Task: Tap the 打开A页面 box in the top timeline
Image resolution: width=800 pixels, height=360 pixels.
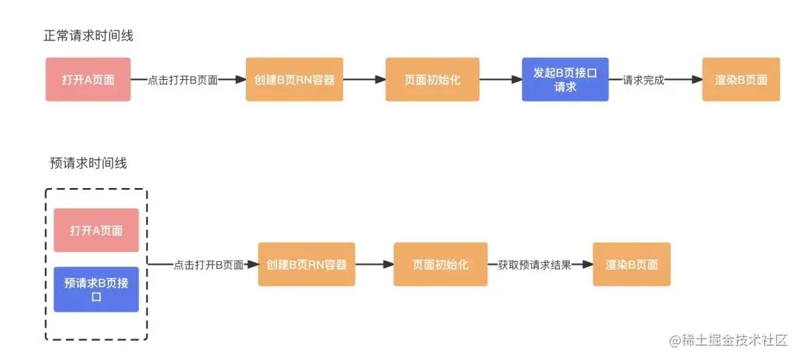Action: tap(88, 79)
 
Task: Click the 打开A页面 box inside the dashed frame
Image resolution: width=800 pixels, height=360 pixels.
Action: tap(96, 230)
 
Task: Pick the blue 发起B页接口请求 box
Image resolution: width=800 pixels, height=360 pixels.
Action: tap(565, 79)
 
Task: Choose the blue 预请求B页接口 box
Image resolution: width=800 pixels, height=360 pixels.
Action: tap(96, 289)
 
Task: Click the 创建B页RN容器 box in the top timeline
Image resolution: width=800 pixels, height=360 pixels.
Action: tap(295, 79)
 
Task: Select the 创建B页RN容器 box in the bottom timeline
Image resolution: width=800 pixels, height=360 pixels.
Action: tap(307, 264)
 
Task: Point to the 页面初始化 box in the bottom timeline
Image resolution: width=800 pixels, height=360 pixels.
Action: tap(441, 264)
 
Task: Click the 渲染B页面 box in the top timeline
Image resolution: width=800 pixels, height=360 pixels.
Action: tap(741, 79)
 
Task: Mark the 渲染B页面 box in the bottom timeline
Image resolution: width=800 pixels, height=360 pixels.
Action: tap(632, 264)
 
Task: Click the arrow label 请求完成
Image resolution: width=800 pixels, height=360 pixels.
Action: tap(643, 80)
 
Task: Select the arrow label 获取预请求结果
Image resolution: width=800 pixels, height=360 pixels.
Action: tap(534, 264)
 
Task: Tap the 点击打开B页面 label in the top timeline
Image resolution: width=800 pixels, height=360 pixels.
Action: tap(182, 80)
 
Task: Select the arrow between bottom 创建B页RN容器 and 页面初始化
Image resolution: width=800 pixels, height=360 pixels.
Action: tap(374, 264)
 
